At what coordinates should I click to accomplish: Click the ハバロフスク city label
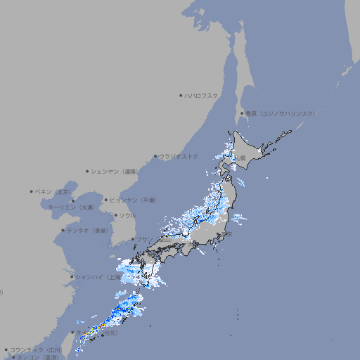click(x=202, y=95)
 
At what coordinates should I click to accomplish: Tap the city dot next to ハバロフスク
click(x=181, y=95)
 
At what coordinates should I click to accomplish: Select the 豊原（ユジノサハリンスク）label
click(x=280, y=113)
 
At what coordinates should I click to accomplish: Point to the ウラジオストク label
click(x=179, y=156)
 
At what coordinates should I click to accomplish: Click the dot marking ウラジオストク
click(x=155, y=156)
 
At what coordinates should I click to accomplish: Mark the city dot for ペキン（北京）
click(x=32, y=191)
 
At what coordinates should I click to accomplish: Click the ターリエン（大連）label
click(x=70, y=207)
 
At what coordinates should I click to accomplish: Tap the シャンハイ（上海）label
click(x=98, y=277)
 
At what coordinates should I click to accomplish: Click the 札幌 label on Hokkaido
click(x=240, y=158)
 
